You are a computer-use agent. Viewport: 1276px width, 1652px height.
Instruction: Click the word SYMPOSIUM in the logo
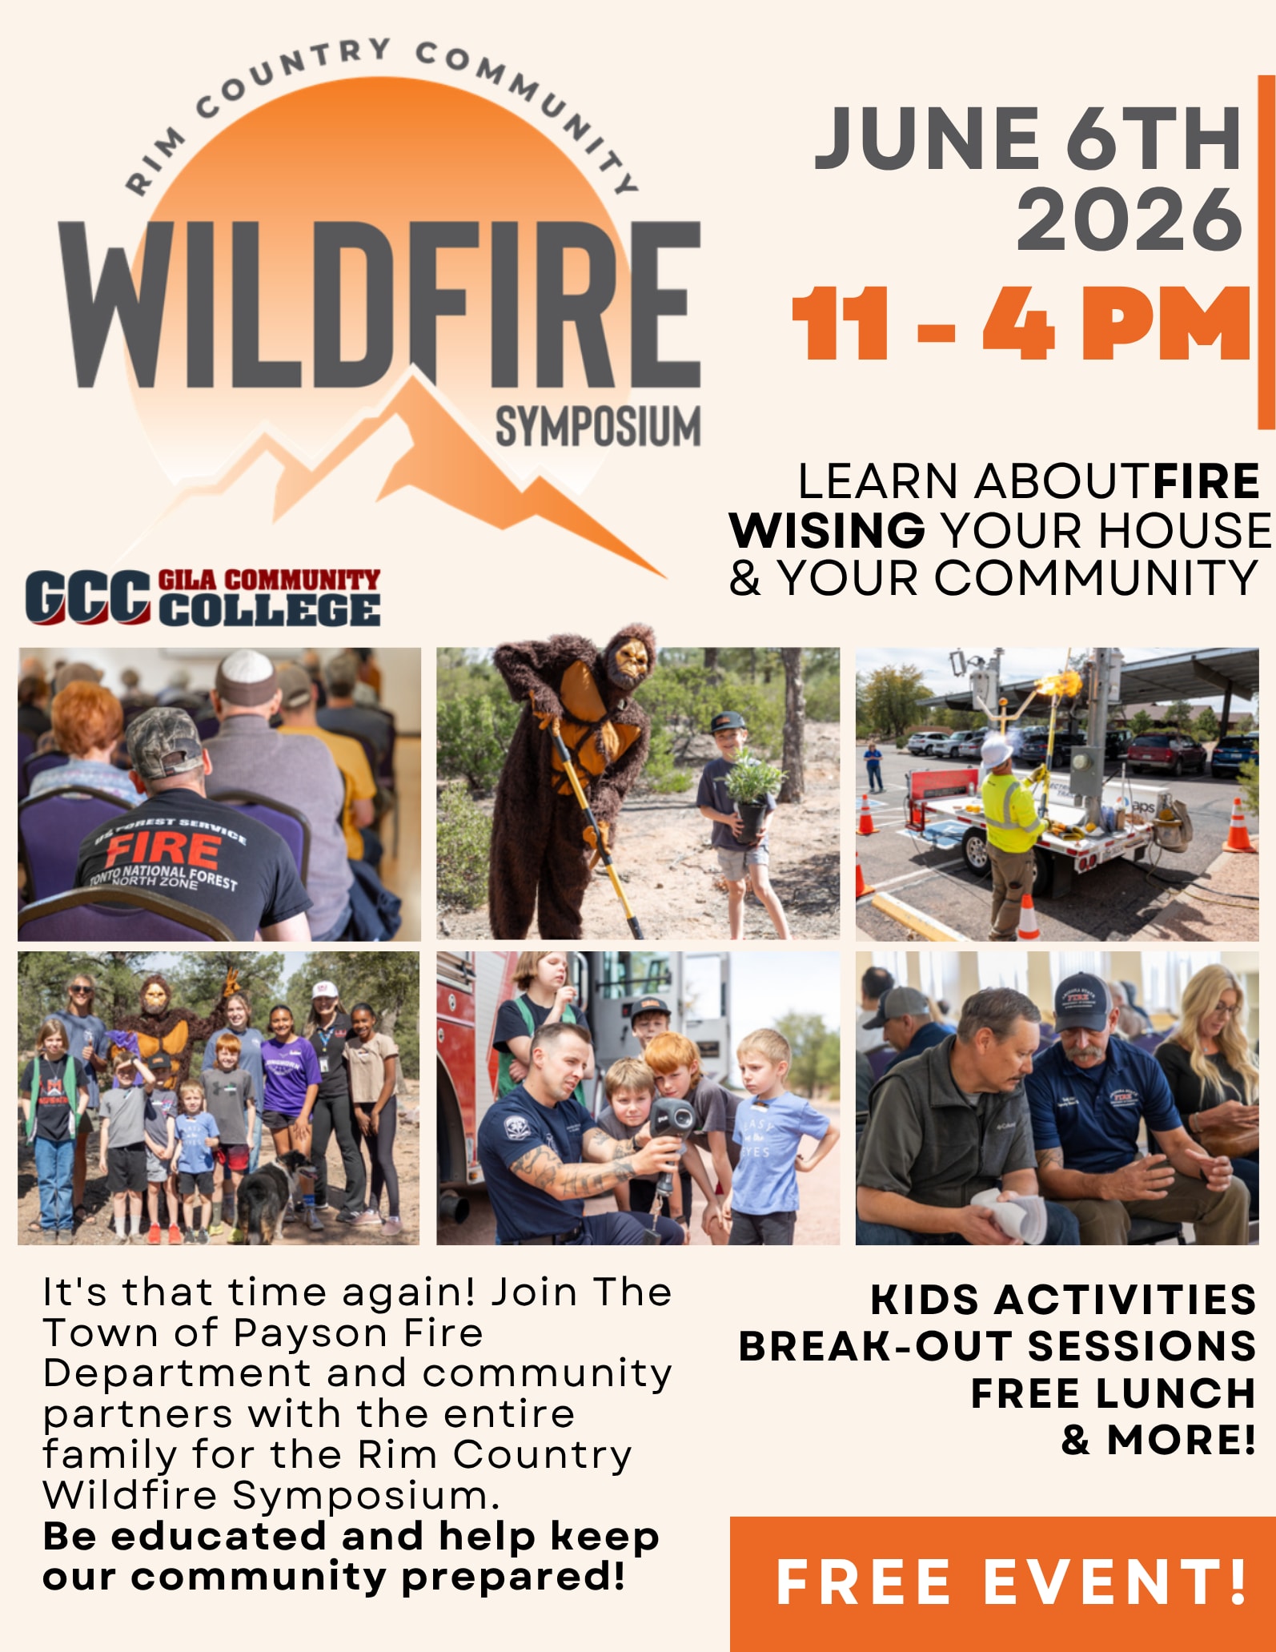(x=598, y=427)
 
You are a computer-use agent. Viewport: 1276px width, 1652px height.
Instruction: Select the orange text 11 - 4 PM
(x=1021, y=323)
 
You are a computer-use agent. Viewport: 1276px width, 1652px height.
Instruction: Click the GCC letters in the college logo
(x=87, y=597)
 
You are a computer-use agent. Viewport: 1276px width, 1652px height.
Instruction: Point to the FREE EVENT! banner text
(x=1012, y=1582)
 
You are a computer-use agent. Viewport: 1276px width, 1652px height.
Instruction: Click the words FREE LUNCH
(x=1113, y=1393)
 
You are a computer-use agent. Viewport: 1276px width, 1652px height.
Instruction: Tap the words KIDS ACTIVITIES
(x=1063, y=1299)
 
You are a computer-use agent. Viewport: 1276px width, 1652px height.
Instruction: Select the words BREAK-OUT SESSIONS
(x=997, y=1346)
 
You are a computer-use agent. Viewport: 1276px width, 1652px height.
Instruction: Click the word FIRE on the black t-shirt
(x=163, y=852)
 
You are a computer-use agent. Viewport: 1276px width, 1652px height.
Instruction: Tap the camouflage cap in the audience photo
(x=164, y=742)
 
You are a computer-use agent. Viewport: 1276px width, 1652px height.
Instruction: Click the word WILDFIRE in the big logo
(x=380, y=304)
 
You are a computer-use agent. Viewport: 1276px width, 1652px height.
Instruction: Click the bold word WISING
(x=827, y=529)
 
